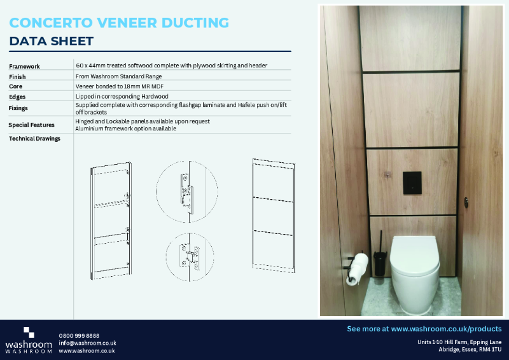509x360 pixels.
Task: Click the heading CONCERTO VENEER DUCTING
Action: [x=119, y=23]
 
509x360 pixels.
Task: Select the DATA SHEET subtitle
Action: [x=52, y=41]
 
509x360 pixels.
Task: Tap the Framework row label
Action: [x=25, y=66]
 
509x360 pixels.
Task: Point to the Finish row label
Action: [x=18, y=76]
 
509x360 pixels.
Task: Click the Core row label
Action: [x=16, y=86]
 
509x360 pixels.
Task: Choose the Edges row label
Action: [x=18, y=97]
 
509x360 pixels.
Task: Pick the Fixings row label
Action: [x=19, y=108]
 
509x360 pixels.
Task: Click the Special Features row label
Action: [x=32, y=125]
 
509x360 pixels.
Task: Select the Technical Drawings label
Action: [x=34, y=139]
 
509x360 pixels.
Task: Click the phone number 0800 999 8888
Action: [x=79, y=335]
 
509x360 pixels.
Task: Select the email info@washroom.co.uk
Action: [x=87, y=343]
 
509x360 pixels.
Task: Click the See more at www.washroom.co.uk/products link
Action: [x=424, y=329]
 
